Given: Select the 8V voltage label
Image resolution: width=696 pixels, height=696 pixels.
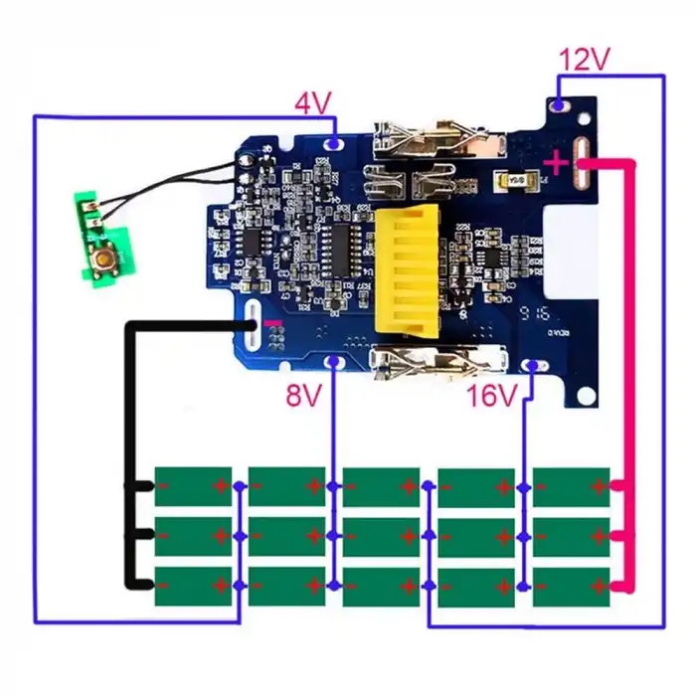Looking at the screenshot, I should point(304,397).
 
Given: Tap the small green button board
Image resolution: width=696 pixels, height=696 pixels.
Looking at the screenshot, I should point(102,234).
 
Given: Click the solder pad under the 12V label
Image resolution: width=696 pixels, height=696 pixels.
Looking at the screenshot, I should point(560,104).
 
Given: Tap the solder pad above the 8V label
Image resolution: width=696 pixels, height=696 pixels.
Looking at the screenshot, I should point(333,362).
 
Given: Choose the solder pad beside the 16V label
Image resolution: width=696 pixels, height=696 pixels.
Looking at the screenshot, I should point(534,365).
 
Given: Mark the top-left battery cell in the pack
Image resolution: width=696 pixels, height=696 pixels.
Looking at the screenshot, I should point(193,486).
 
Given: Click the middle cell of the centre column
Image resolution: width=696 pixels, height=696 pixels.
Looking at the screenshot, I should point(382,537).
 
